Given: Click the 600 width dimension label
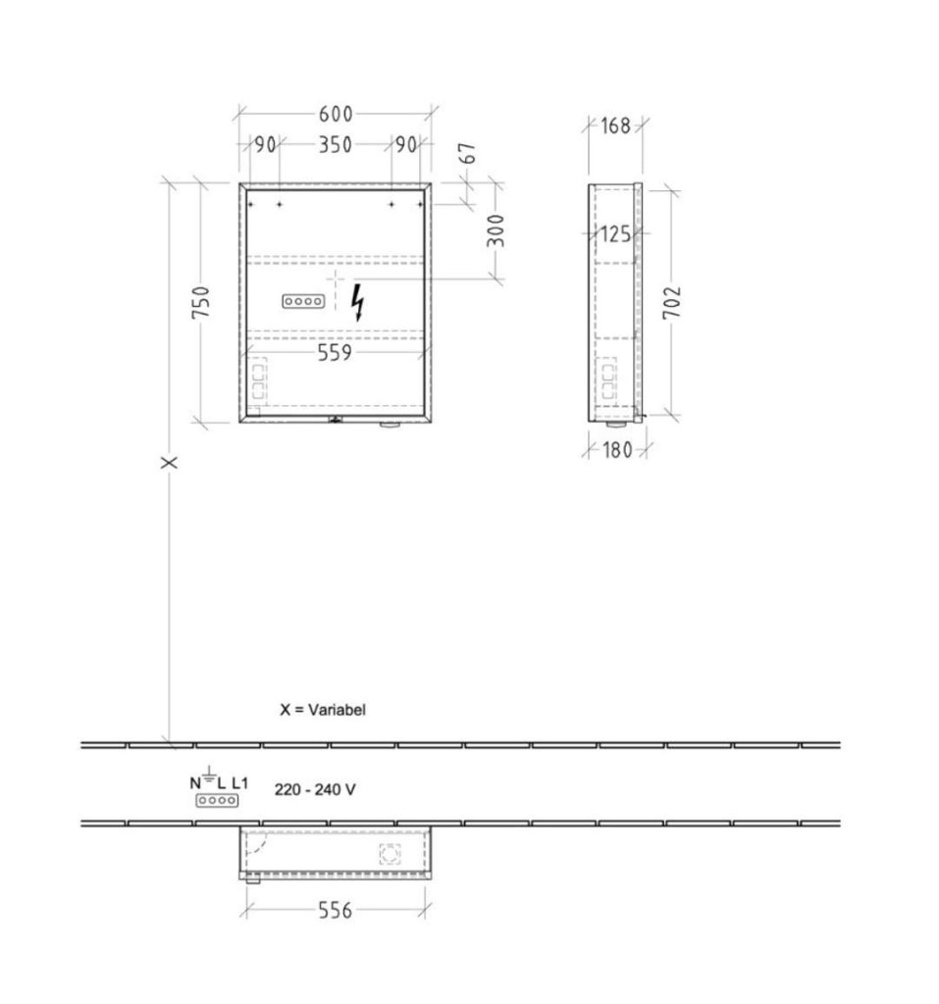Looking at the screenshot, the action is pyautogui.click(x=336, y=114).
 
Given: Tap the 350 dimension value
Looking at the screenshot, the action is pyautogui.click(x=336, y=145).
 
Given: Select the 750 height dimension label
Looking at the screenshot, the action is pyautogui.click(x=200, y=302).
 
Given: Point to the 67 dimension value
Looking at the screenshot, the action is pyautogui.click(x=469, y=153).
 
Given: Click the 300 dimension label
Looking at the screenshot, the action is pyautogui.click(x=496, y=231).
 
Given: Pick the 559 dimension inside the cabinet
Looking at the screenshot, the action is pyautogui.click(x=335, y=352).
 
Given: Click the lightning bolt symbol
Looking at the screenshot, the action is pyautogui.click(x=358, y=302).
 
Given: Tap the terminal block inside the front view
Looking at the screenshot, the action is pyautogui.click(x=303, y=301).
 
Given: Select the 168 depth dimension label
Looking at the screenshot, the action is pyautogui.click(x=615, y=125).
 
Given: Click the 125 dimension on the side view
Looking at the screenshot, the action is pyautogui.click(x=615, y=234).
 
